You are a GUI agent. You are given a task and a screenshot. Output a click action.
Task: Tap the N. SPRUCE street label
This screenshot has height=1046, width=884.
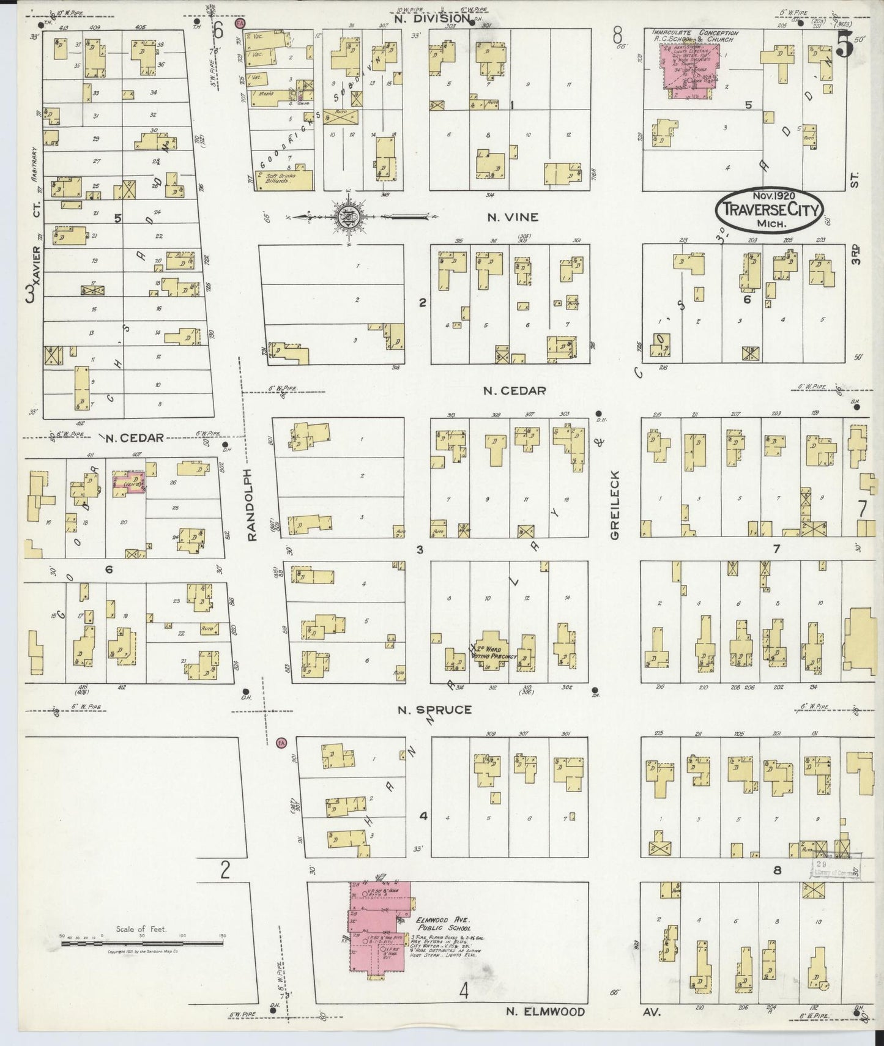click(434, 710)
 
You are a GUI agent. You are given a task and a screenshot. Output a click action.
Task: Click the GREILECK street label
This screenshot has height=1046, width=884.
click(615, 505)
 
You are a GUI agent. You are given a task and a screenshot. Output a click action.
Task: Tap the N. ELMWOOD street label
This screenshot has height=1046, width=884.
click(546, 1012)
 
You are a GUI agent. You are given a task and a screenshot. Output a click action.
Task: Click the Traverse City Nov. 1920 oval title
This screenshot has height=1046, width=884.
click(768, 209)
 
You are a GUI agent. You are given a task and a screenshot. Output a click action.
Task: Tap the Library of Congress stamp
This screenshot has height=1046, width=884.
click(836, 866)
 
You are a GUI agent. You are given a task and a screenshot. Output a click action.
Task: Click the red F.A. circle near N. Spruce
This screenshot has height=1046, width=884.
click(281, 741)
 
